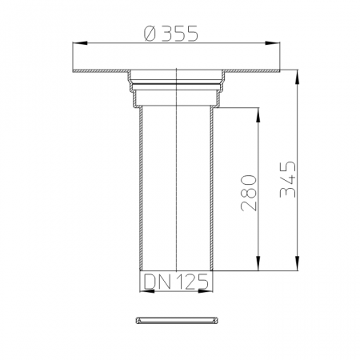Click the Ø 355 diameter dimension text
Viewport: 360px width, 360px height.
[171, 34]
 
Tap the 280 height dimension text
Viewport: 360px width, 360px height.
[249, 193]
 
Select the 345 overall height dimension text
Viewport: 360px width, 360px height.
[288, 179]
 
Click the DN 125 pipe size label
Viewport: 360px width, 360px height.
[176, 282]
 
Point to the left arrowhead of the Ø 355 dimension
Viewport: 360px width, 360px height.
[80, 43]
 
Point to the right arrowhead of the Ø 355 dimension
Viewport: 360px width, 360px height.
[273, 43]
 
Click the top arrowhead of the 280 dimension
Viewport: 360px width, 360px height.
[258, 115]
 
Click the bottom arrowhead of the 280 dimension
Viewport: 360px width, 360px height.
[258, 263]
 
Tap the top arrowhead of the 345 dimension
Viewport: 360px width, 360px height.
[298, 77]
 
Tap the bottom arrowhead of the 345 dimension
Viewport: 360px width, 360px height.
[298, 263]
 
